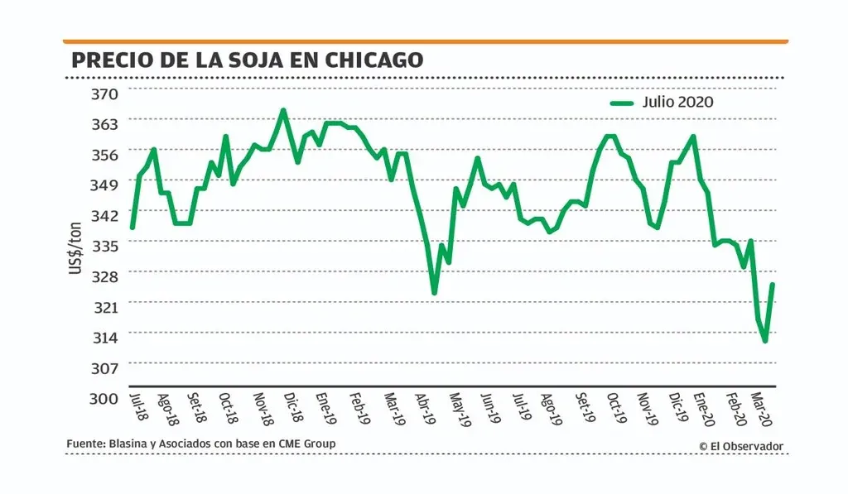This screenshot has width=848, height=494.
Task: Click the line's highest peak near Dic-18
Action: [x=283, y=110]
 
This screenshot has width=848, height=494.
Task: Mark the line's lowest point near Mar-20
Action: [x=765, y=340]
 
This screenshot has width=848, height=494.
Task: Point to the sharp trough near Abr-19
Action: [x=434, y=292]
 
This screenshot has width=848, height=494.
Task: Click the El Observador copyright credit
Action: [x=740, y=447]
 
